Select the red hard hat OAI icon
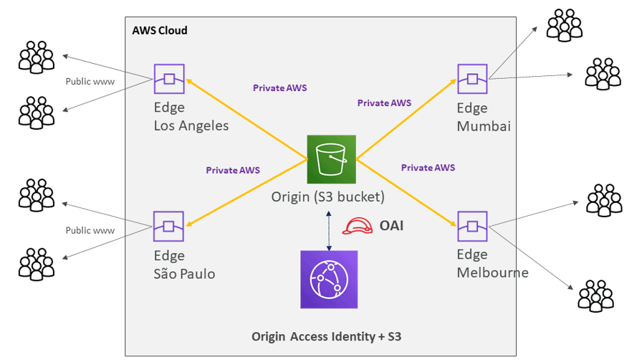(357, 227)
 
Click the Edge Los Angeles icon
(169, 78)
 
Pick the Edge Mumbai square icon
(473, 78)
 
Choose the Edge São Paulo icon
(169, 226)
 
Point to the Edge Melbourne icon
(473, 226)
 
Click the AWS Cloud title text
(160, 30)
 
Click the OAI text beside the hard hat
(392, 227)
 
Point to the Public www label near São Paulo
(89, 230)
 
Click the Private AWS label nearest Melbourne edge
(428, 167)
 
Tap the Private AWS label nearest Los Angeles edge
(280, 87)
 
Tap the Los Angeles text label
(191, 126)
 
